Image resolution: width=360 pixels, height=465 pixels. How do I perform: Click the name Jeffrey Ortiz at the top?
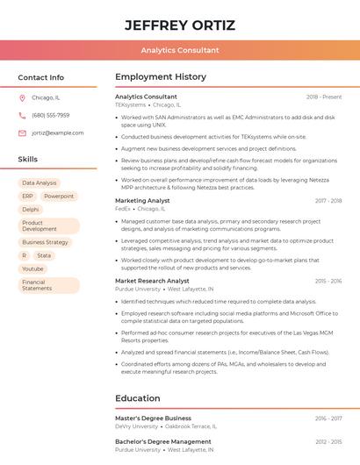179,24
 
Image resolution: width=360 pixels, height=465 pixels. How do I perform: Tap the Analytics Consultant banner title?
179,50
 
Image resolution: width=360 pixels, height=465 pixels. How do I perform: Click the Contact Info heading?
41,77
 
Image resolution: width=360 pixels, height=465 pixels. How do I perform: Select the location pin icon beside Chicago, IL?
22,97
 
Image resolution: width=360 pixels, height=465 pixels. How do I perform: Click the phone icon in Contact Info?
22,115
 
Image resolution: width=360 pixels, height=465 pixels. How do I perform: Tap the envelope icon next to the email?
22,132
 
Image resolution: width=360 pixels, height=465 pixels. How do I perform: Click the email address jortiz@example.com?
58,132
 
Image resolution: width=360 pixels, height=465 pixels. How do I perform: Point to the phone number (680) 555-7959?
50,115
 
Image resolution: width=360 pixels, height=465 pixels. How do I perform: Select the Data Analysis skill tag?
40,183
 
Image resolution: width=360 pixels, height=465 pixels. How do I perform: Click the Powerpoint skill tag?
59,197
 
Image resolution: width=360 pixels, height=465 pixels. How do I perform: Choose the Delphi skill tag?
31,210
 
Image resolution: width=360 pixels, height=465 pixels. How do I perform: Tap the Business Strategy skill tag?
45,242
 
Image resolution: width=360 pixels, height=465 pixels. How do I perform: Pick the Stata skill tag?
44,255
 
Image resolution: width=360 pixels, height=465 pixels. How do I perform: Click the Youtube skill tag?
32,268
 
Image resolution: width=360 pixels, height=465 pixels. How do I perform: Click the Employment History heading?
161,77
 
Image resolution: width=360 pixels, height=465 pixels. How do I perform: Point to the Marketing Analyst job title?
143,201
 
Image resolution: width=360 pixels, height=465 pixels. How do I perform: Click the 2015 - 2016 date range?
328,281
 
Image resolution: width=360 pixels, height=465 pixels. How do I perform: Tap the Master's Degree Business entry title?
153,418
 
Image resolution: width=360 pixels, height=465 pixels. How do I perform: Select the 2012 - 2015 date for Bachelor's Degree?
328,442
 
